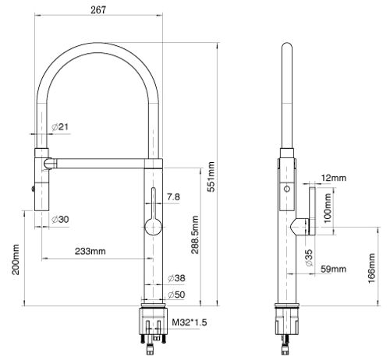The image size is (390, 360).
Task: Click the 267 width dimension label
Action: [98, 10]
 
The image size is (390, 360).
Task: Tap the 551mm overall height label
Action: [211, 177]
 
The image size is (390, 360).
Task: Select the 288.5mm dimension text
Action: [195, 235]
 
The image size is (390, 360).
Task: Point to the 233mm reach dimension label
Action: [90, 251]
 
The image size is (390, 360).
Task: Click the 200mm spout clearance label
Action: [16, 259]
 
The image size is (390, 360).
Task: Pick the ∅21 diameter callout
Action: [60, 127]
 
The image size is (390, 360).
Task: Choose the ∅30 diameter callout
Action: [60, 220]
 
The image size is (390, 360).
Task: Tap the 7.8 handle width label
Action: [173, 197]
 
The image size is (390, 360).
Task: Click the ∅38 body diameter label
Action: [176, 278]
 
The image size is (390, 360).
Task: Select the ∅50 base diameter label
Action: [176, 295]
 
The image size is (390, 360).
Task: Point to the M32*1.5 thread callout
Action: [190, 323]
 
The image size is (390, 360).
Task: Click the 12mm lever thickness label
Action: [334, 178]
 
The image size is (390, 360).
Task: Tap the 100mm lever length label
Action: [328, 208]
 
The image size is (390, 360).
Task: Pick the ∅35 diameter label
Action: [309, 258]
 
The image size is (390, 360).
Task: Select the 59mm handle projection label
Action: [334, 269]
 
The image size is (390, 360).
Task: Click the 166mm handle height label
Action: [372, 269]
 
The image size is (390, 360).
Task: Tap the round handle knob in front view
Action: [154, 227]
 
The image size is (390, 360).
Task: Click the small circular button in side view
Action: [287, 189]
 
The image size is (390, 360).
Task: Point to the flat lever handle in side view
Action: [312, 211]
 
